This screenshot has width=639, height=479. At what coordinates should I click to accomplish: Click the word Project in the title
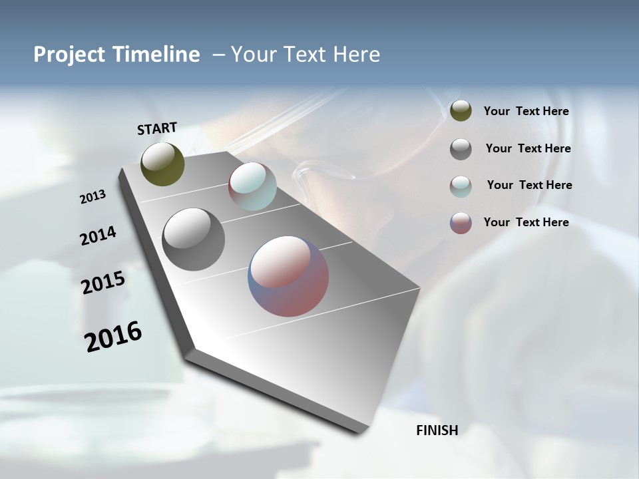(x=67, y=55)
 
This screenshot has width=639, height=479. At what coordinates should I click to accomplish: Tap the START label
(x=157, y=128)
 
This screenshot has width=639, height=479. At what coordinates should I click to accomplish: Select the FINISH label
(x=437, y=430)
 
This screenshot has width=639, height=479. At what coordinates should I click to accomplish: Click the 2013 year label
(x=93, y=197)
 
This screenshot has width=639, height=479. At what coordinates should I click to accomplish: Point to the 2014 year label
(x=98, y=236)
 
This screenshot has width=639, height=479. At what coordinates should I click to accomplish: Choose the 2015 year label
(x=103, y=283)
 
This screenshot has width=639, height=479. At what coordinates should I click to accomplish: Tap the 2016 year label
(x=113, y=336)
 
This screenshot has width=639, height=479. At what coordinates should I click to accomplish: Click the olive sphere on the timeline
(x=163, y=164)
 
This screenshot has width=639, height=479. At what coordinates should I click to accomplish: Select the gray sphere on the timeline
(x=194, y=239)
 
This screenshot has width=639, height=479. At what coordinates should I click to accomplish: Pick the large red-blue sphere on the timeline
(x=288, y=276)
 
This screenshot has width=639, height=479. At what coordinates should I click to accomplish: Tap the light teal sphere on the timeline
(x=252, y=186)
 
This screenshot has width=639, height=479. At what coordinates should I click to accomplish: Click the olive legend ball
(x=461, y=111)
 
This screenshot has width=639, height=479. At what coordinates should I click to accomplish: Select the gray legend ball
(x=461, y=149)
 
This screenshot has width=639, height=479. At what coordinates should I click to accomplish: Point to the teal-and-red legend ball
(x=461, y=186)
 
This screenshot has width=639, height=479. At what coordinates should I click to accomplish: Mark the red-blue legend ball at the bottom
(x=461, y=223)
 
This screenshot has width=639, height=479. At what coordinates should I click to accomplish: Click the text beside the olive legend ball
(x=526, y=112)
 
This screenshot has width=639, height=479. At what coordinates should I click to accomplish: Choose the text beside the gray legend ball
(x=528, y=148)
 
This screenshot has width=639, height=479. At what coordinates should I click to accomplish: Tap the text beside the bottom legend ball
(x=526, y=222)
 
